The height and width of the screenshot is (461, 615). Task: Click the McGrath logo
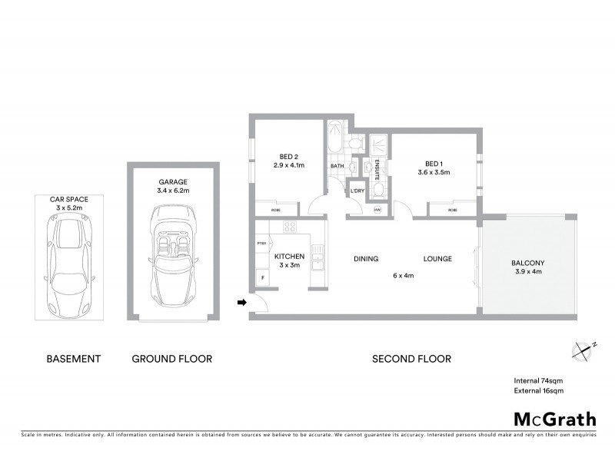553,419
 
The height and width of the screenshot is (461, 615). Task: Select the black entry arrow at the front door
241,303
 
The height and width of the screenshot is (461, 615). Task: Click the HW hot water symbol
377,210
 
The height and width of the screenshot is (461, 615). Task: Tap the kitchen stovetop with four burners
290,227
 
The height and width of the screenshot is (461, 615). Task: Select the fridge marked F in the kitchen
263,277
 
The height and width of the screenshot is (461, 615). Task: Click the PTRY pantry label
261,244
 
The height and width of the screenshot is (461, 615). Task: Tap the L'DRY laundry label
357,191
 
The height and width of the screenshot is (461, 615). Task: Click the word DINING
366,259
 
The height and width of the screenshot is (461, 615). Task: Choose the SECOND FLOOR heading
411,359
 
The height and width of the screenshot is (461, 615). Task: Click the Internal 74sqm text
539,380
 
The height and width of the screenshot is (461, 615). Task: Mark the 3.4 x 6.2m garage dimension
173,191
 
